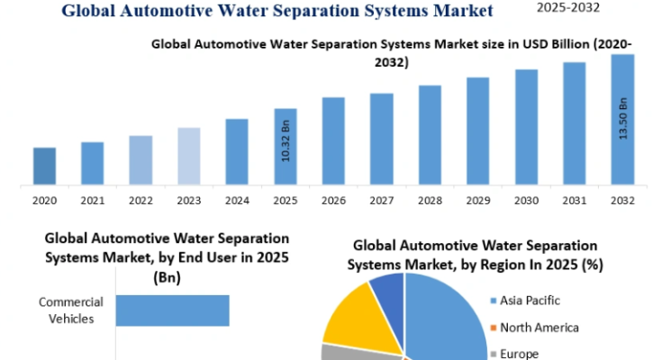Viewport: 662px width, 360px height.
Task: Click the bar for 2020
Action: [44, 166]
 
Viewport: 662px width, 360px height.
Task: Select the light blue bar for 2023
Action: [189, 157]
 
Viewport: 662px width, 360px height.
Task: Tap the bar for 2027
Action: [382, 139]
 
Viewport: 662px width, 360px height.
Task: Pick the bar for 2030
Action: [527, 127]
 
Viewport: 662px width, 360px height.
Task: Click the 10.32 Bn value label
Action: [286, 140]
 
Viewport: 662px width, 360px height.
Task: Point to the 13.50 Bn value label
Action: [623, 118]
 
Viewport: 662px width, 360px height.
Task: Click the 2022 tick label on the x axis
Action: [141, 201]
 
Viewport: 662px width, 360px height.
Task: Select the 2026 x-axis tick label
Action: [333, 201]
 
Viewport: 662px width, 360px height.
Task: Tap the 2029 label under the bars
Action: [478, 201]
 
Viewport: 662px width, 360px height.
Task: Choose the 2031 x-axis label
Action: [575, 201]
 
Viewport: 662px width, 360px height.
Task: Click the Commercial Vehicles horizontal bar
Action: [173, 310]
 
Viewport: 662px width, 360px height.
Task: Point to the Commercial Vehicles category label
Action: [71, 310]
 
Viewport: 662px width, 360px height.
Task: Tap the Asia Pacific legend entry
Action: [525, 301]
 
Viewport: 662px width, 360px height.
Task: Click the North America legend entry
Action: [534, 328]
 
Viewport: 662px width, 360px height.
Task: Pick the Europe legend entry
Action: [514, 354]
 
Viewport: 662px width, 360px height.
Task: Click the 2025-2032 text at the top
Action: [568, 7]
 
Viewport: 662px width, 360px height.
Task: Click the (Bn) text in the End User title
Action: [168, 277]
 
